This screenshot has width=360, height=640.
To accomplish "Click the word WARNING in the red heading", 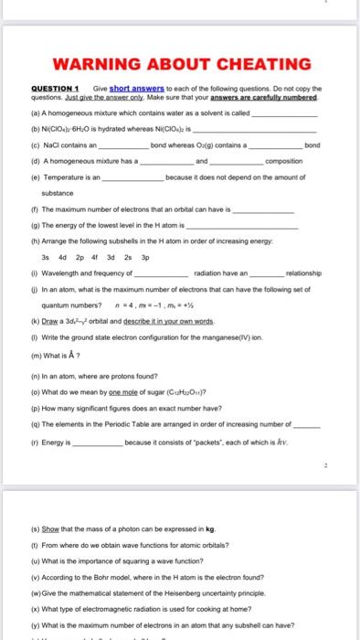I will tap(92, 65).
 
